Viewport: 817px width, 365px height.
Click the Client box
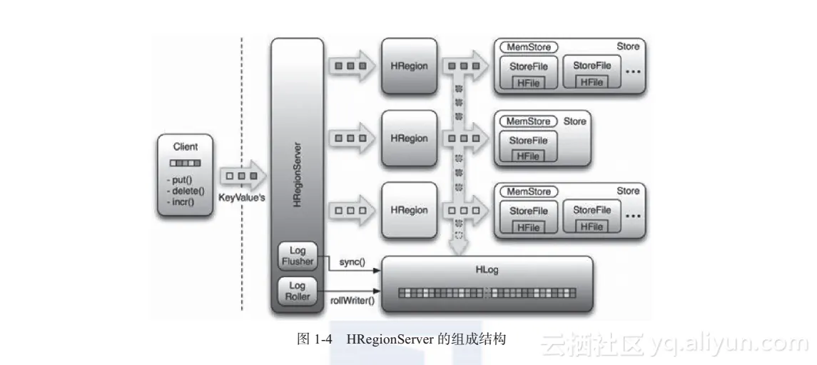point(186,175)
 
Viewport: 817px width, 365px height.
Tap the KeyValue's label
point(242,197)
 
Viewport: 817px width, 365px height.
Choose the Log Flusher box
point(297,256)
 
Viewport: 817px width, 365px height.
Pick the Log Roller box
point(297,291)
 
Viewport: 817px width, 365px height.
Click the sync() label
point(348,262)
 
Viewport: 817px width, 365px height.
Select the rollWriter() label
point(352,301)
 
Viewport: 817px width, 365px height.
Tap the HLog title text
point(487,269)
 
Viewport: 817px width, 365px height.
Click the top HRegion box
point(409,66)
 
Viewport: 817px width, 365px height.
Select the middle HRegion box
point(409,138)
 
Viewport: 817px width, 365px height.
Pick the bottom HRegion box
point(409,210)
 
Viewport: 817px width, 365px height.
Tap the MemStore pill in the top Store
point(529,46)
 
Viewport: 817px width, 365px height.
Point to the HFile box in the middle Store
point(528,155)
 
